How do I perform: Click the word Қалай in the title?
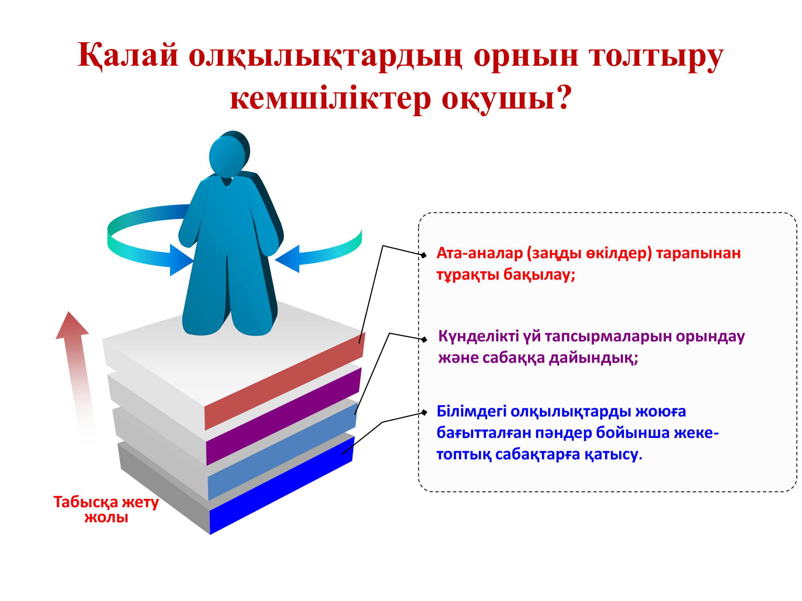pos(128,55)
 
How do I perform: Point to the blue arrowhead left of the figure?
pos(181,260)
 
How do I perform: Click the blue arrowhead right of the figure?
pos(288,259)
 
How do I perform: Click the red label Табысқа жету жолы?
pos(106,509)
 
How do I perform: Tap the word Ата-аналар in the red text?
pos(480,253)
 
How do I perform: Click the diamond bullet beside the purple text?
pos(424,340)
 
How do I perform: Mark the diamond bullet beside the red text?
pos(423,255)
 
